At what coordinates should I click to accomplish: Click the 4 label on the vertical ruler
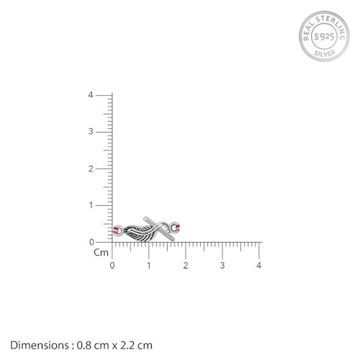91,95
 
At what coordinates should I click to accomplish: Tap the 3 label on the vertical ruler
91,132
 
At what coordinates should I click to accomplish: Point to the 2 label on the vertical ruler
91,169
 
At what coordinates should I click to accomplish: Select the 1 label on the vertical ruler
91,205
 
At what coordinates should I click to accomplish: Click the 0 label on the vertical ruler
91,242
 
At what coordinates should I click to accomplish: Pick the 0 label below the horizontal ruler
112,266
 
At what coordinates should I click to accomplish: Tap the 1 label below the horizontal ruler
149,266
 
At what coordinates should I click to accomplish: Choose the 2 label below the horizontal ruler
186,266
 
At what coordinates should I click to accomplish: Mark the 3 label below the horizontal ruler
222,266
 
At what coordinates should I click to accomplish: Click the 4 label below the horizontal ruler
258,266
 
